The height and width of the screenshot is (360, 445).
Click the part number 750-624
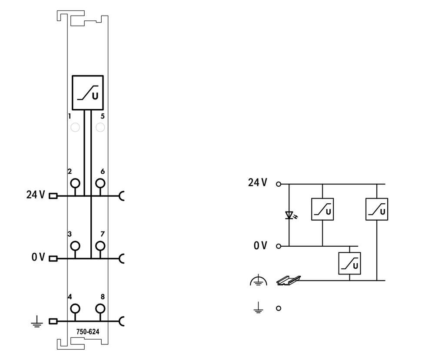[88, 332]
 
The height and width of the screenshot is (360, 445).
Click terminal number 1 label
[70, 116]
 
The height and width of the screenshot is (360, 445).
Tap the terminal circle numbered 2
[75, 183]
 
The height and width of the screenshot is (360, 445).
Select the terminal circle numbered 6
[100, 183]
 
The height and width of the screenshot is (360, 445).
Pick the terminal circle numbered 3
[75, 246]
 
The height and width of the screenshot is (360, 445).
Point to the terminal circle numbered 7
[100, 246]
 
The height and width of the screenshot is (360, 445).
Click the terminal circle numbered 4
[75, 309]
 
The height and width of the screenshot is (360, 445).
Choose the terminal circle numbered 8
[100, 309]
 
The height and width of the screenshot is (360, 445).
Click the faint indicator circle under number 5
[100, 127]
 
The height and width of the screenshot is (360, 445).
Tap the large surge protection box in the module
[88, 92]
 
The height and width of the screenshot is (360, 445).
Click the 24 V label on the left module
[36, 195]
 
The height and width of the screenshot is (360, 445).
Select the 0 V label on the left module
[38, 257]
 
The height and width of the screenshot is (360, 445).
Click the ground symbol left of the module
[37, 322]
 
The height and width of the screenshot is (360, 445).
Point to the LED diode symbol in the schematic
[289, 215]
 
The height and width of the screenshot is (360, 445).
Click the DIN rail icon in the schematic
[289, 281]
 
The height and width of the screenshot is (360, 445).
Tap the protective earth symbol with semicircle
[259, 280]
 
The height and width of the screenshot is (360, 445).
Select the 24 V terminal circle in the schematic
[279, 184]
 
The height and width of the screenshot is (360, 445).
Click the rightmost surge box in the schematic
[377, 209]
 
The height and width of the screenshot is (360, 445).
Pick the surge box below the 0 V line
[350, 263]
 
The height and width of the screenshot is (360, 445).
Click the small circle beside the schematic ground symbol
[279, 308]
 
